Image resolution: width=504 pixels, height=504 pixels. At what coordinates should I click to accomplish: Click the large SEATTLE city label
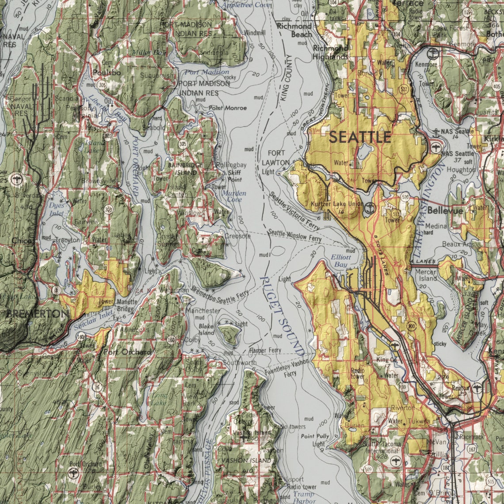[359, 137]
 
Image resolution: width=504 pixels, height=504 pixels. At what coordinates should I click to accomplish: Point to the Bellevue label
[445, 211]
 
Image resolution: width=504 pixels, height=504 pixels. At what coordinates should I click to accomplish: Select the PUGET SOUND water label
[282, 315]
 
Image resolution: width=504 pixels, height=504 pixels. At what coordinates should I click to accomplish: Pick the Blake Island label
[206, 329]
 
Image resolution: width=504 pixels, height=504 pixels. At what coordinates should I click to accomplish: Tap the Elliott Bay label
[341, 261]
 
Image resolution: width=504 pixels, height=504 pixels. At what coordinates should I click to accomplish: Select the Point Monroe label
[228, 108]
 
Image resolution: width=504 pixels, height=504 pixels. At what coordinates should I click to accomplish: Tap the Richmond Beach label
[294, 30]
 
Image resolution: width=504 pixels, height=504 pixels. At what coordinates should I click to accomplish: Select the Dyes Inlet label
[57, 209]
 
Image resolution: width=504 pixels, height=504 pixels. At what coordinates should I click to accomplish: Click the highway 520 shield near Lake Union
[405, 198]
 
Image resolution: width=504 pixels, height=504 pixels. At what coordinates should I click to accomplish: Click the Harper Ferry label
[265, 350]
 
